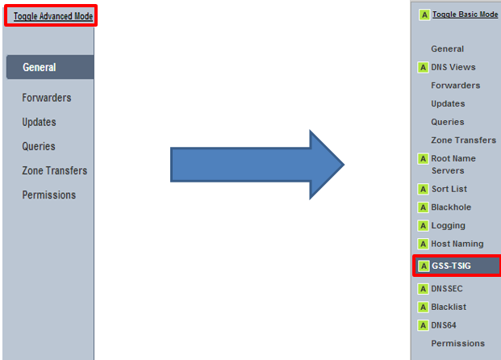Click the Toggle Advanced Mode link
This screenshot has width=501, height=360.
[x=53, y=16]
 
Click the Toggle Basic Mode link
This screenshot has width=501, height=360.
[x=465, y=15]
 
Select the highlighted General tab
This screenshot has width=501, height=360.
[x=40, y=68]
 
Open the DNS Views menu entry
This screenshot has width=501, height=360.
[x=453, y=67]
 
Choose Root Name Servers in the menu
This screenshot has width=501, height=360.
[x=453, y=165]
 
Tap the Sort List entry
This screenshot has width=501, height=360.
[x=449, y=189]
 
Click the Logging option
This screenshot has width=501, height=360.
[x=449, y=225]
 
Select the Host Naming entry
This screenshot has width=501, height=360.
[x=457, y=244]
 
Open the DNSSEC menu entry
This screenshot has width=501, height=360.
[x=448, y=288]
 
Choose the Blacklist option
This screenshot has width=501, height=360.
[x=449, y=307]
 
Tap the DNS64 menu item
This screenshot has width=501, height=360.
[x=446, y=325]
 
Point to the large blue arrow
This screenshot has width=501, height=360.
[x=257, y=167]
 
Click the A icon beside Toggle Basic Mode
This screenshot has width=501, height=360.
[x=424, y=15]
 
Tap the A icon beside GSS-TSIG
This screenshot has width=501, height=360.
[x=423, y=266]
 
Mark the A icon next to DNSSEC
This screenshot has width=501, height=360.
[x=423, y=288]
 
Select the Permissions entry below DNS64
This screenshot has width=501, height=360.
[x=458, y=344]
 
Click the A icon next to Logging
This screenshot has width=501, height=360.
[x=423, y=225]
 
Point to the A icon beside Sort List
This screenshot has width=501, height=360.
[x=423, y=189]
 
